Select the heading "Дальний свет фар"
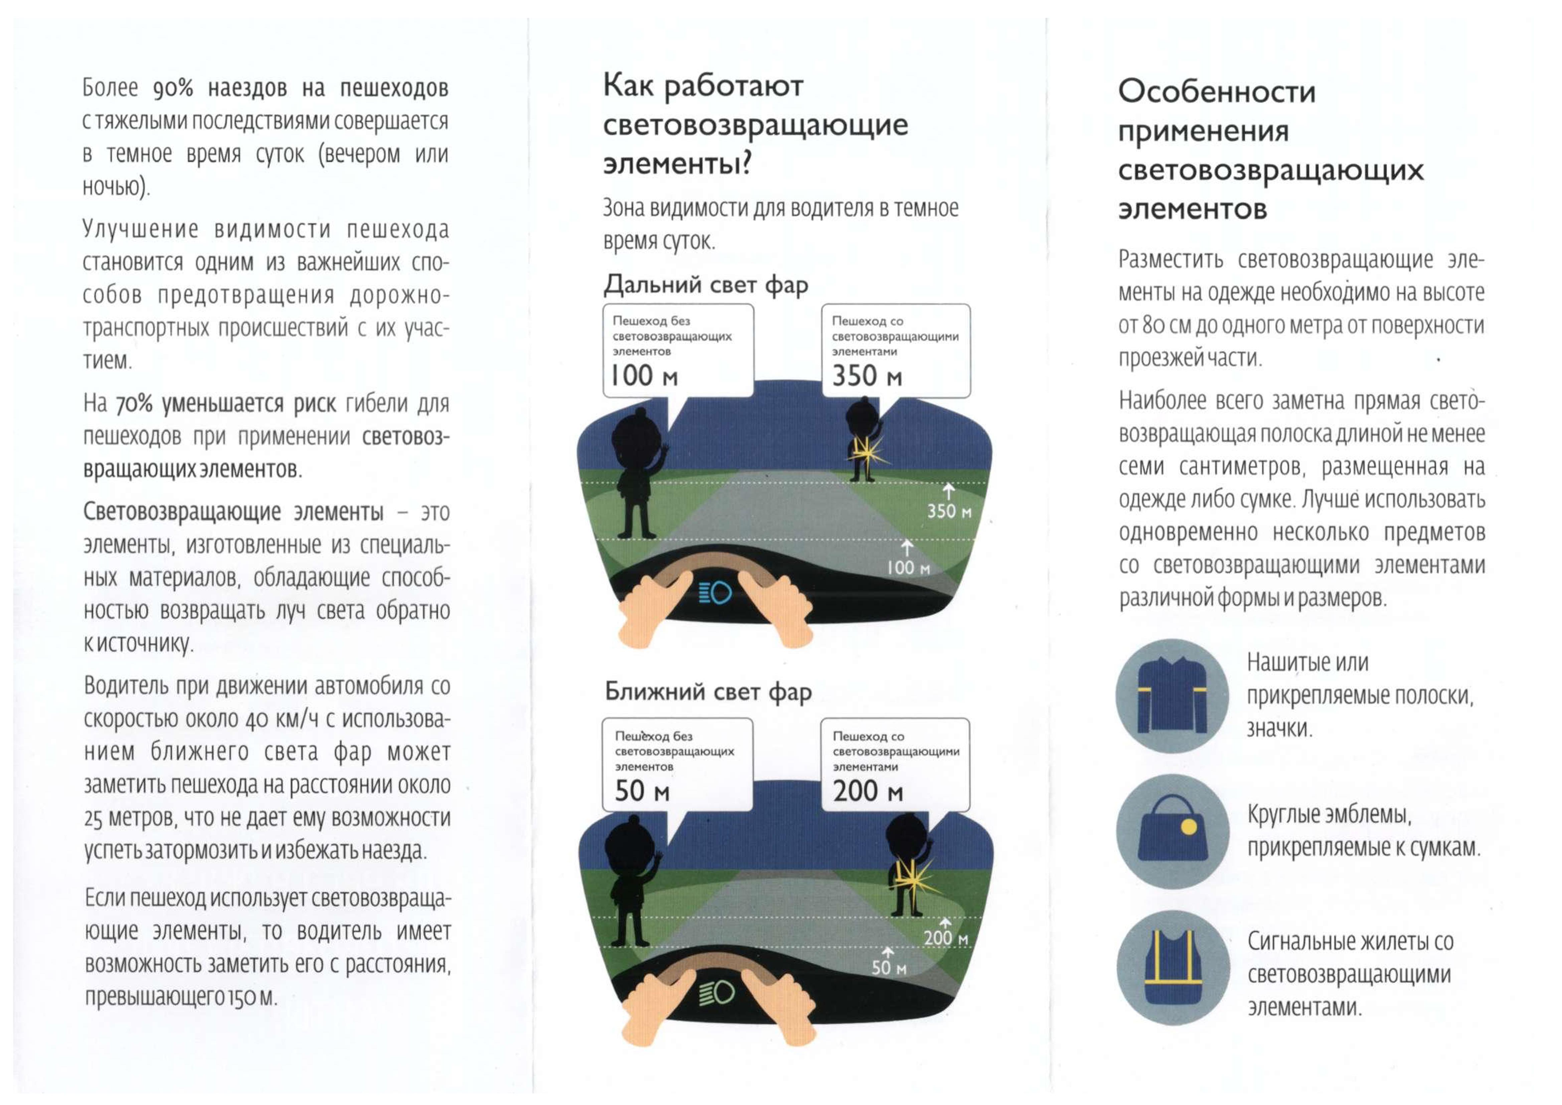706,284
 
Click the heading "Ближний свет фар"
708,692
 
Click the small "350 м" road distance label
949,511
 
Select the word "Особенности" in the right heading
1216,92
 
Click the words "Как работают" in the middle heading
703,87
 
